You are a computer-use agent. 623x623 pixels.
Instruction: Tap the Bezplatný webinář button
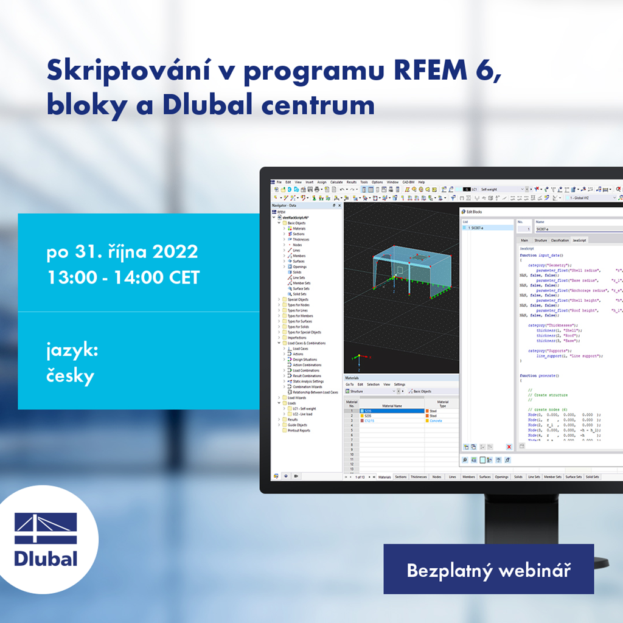point(488,571)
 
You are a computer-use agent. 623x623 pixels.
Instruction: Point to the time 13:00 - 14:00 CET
point(123,277)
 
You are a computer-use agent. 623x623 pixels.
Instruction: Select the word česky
point(71,376)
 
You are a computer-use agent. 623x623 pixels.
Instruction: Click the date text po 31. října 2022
point(122,252)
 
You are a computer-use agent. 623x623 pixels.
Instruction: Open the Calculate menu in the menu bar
point(336,182)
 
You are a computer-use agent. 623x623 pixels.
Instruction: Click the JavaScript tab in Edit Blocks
point(579,240)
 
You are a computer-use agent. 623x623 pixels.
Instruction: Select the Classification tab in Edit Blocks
point(559,240)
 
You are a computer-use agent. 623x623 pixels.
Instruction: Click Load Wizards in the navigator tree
point(297,398)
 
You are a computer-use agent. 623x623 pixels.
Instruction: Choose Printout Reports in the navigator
point(299,430)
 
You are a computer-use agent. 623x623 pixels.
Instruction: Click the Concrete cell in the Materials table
point(436,421)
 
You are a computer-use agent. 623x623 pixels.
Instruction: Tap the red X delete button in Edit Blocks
point(509,447)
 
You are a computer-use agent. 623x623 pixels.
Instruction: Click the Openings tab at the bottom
point(501,477)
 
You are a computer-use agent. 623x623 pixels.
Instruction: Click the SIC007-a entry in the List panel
point(484,228)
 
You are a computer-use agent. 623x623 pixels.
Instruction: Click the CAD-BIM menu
point(408,182)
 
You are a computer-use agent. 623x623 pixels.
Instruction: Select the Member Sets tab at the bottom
point(552,477)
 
